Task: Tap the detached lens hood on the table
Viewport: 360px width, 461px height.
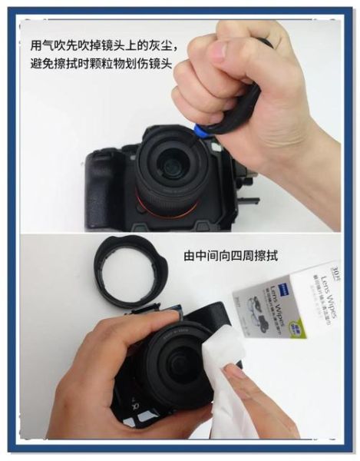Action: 130,270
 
